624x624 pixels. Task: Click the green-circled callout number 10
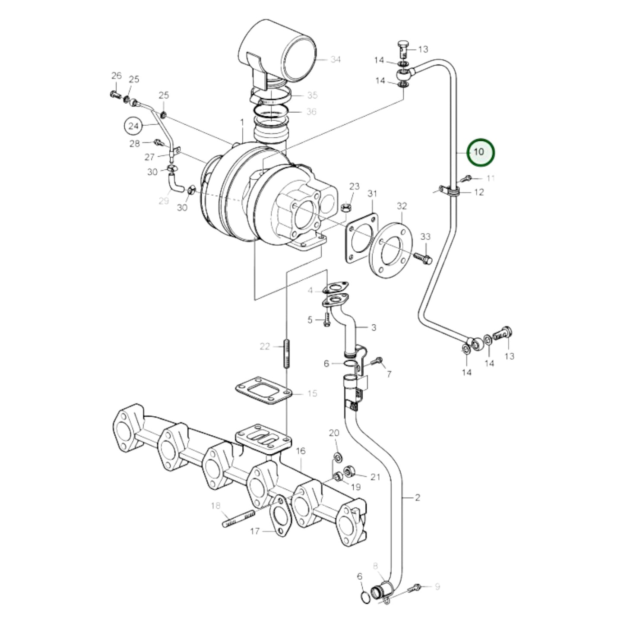(479, 152)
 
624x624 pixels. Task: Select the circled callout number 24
(134, 126)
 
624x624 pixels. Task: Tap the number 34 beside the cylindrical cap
(335, 59)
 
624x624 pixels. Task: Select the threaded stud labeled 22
(286, 354)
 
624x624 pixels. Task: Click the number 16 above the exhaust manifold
(301, 451)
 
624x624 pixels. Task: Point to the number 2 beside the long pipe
(417, 497)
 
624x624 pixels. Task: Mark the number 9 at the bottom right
(437, 586)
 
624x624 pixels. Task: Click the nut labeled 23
(345, 208)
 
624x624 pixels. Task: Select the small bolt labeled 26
(115, 94)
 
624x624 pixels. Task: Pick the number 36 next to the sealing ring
(311, 111)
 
